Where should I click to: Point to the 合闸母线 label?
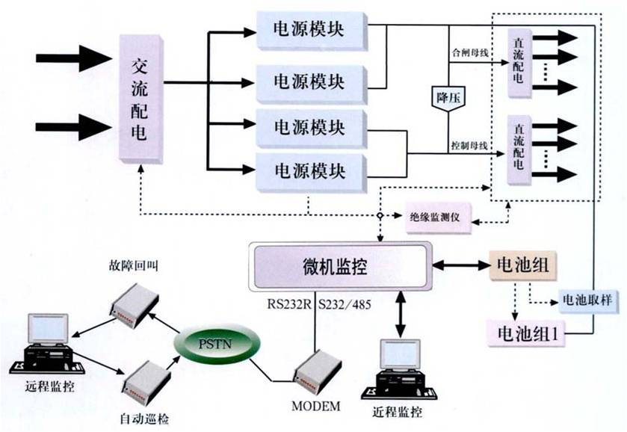pos(469,54)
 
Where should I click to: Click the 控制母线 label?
pos(469,144)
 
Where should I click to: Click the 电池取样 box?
pos(586,300)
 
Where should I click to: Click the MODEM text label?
pos(317,406)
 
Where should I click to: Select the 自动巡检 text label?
pos(144,419)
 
